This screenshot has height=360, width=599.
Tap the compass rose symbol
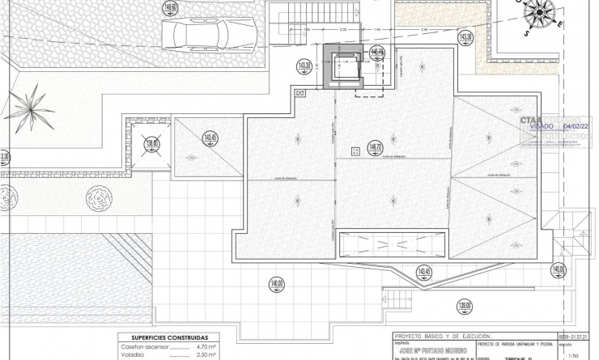[x=540, y=13]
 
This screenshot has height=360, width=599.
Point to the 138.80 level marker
[x=151, y=145]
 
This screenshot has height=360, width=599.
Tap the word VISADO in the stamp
[x=542, y=127]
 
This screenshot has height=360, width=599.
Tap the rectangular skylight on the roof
[x=392, y=244]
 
